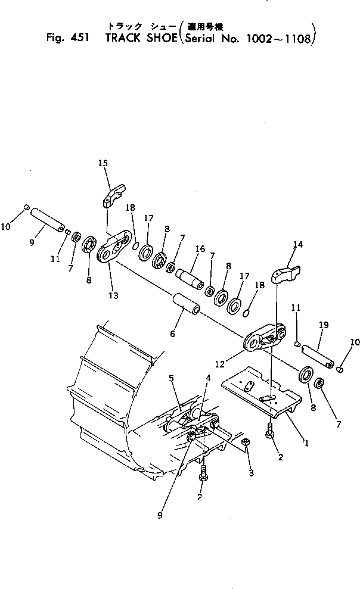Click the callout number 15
point(103,162)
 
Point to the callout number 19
point(324,326)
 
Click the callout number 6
point(172,335)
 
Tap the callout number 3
point(251,473)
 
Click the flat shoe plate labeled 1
point(262,393)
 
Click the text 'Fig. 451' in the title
point(68,39)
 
